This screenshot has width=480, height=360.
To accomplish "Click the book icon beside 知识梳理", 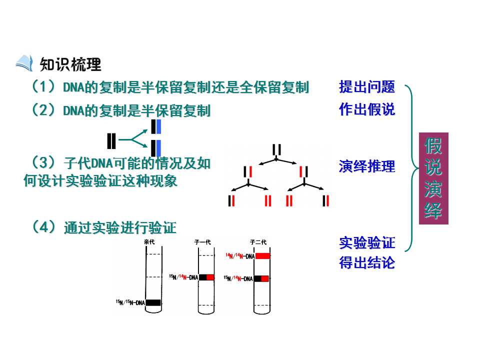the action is (x=24, y=63).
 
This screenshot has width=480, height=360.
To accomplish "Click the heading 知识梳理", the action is (x=70, y=64).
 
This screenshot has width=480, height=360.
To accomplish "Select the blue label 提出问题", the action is (x=367, y=86).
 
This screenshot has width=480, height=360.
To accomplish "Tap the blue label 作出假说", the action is (x=367, y=109).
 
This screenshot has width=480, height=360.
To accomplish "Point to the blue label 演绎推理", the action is (x=367, y=166).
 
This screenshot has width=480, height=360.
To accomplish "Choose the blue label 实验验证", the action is (x=367, y=243).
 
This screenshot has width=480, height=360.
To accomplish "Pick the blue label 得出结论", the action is (x=367, y=262).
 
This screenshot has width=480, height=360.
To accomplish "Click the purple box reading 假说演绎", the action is (x=433, y=178).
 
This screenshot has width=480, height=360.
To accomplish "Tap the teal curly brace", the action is (x=411, y=168).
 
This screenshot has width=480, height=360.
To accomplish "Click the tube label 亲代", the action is (x=149, y=242).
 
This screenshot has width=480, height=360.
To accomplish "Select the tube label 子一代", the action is (x=202, y=242).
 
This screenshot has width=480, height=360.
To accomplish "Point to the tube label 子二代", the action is (x=258, y=242).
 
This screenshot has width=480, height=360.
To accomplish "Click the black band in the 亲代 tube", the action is (x=153, y=303).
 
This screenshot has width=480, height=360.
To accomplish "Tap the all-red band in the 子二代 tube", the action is (x=262, y=256).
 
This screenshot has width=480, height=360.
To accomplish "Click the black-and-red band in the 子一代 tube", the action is (x=206, y=277).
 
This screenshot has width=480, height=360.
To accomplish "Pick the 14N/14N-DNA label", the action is (x=240, y=256).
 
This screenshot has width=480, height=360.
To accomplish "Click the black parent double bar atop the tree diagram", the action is (x=276, y=149).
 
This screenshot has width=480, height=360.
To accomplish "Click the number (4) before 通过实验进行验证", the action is (x=44, y=227).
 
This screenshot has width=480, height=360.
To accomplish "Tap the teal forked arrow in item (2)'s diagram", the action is (x=133, y=139).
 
